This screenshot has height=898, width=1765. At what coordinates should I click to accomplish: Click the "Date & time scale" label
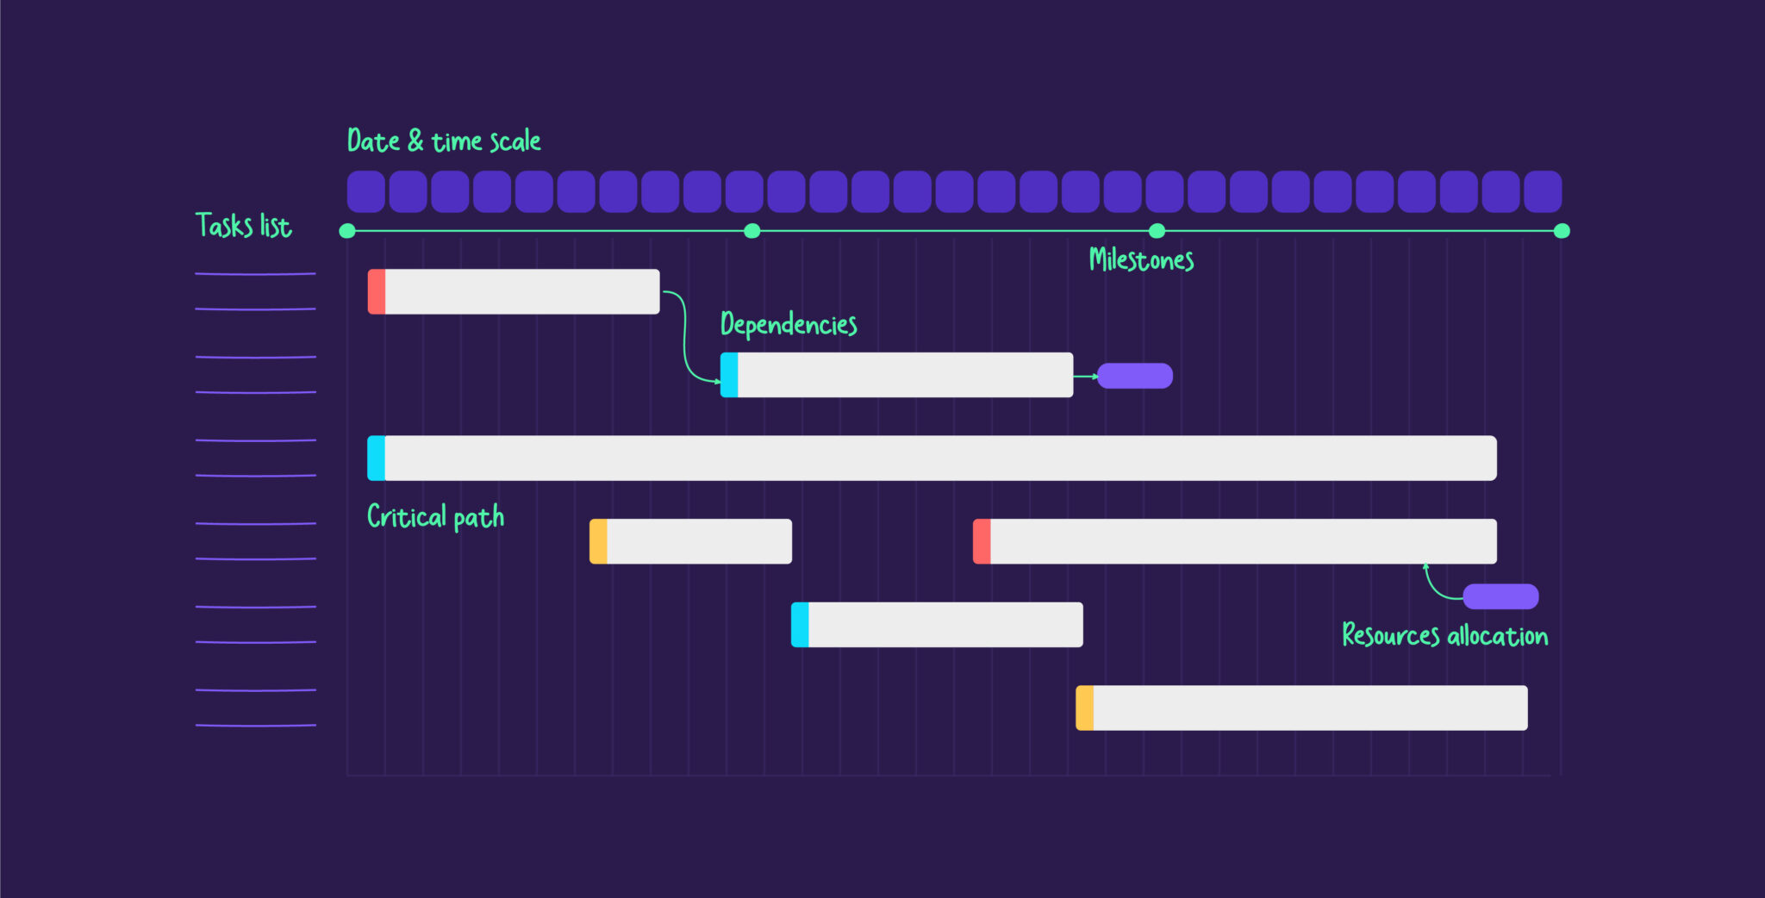click(x=444, y=140)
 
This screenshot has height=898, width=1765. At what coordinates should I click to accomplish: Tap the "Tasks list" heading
click(x=243, y=226)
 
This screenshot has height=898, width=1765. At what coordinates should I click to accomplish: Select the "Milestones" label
click(x=1141, y=259)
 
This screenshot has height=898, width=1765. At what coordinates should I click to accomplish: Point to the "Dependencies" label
click(x=789, y=324)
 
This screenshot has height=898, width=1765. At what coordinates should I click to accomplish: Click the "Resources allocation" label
click(x=1444, y=636)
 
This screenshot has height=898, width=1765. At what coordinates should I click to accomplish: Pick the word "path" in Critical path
click(x=478, y=517)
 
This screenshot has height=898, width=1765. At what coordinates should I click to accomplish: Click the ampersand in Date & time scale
click(x=415, y=140)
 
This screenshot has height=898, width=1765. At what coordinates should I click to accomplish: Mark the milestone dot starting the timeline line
click(x=347, y=231)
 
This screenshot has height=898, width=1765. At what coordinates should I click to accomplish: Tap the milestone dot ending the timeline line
click(x=1562, y=231)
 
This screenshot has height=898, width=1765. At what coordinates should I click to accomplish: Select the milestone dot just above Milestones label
click(x=1157, y=231)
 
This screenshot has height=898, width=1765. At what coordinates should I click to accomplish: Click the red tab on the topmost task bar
click(x=377, y=291)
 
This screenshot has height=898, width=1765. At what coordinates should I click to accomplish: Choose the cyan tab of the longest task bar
click(x=377, y=458)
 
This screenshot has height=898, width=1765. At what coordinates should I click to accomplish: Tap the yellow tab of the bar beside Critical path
click(x=598, y=541)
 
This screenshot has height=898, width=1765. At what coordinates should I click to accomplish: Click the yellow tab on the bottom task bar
click(x=1085, y=708)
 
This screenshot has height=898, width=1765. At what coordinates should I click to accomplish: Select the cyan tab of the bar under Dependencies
click(x=729, y=375)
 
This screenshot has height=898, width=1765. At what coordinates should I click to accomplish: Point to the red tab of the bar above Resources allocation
click(x=982, y=541)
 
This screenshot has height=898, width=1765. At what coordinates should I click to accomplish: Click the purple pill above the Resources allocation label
click(x=1500, y=596)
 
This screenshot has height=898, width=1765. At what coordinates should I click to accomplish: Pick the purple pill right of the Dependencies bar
click(x=1135, y=376)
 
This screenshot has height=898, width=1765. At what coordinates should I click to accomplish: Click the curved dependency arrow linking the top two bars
click(x=685, y=336)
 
